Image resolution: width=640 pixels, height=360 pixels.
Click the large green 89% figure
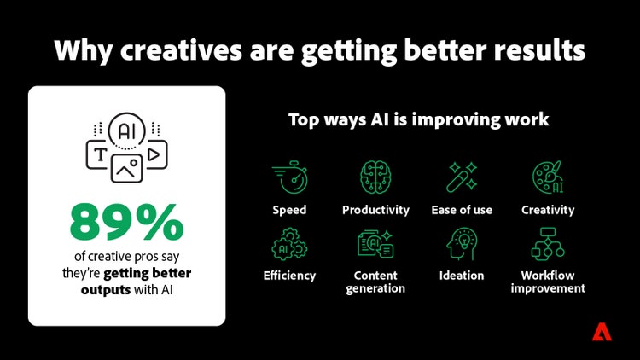point(126,222)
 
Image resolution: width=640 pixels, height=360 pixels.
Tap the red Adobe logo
point(602,332)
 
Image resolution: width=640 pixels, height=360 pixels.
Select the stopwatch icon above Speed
point(288,178)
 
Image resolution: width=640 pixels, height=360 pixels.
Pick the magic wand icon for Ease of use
point(462,177)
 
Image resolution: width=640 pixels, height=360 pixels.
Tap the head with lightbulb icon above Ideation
point(462,245)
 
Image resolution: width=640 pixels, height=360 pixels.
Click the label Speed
point(289,210)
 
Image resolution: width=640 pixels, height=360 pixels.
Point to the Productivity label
point(375,210)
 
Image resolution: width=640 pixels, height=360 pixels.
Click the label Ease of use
point(462,210)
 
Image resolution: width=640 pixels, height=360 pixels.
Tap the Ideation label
point(462,276)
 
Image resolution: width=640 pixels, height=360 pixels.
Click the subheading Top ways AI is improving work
point(417,120)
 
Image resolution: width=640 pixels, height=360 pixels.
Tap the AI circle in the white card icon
point(126,131)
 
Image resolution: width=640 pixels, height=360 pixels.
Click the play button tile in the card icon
point(154,154)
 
